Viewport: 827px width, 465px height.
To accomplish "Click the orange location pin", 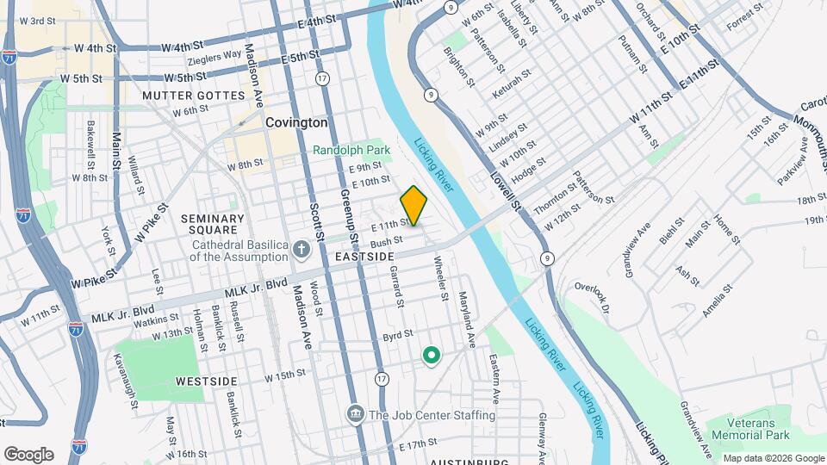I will point(413,206).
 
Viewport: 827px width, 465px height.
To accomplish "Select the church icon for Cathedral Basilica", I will point(301,250).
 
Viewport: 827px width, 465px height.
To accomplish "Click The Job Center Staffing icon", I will point(354,415).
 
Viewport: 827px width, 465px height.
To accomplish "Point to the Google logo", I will point(28,454).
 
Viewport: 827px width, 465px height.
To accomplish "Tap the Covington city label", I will point(295,123).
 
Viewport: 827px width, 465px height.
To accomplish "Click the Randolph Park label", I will point(351,150).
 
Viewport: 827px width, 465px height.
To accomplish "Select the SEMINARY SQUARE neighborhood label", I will point(209,224).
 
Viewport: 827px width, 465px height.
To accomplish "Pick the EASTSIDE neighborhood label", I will point(364,257).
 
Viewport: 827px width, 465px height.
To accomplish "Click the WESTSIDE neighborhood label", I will point(205,380).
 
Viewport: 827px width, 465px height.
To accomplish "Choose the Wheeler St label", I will point(441,277).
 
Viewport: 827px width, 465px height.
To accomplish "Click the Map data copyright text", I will point(773,458).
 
